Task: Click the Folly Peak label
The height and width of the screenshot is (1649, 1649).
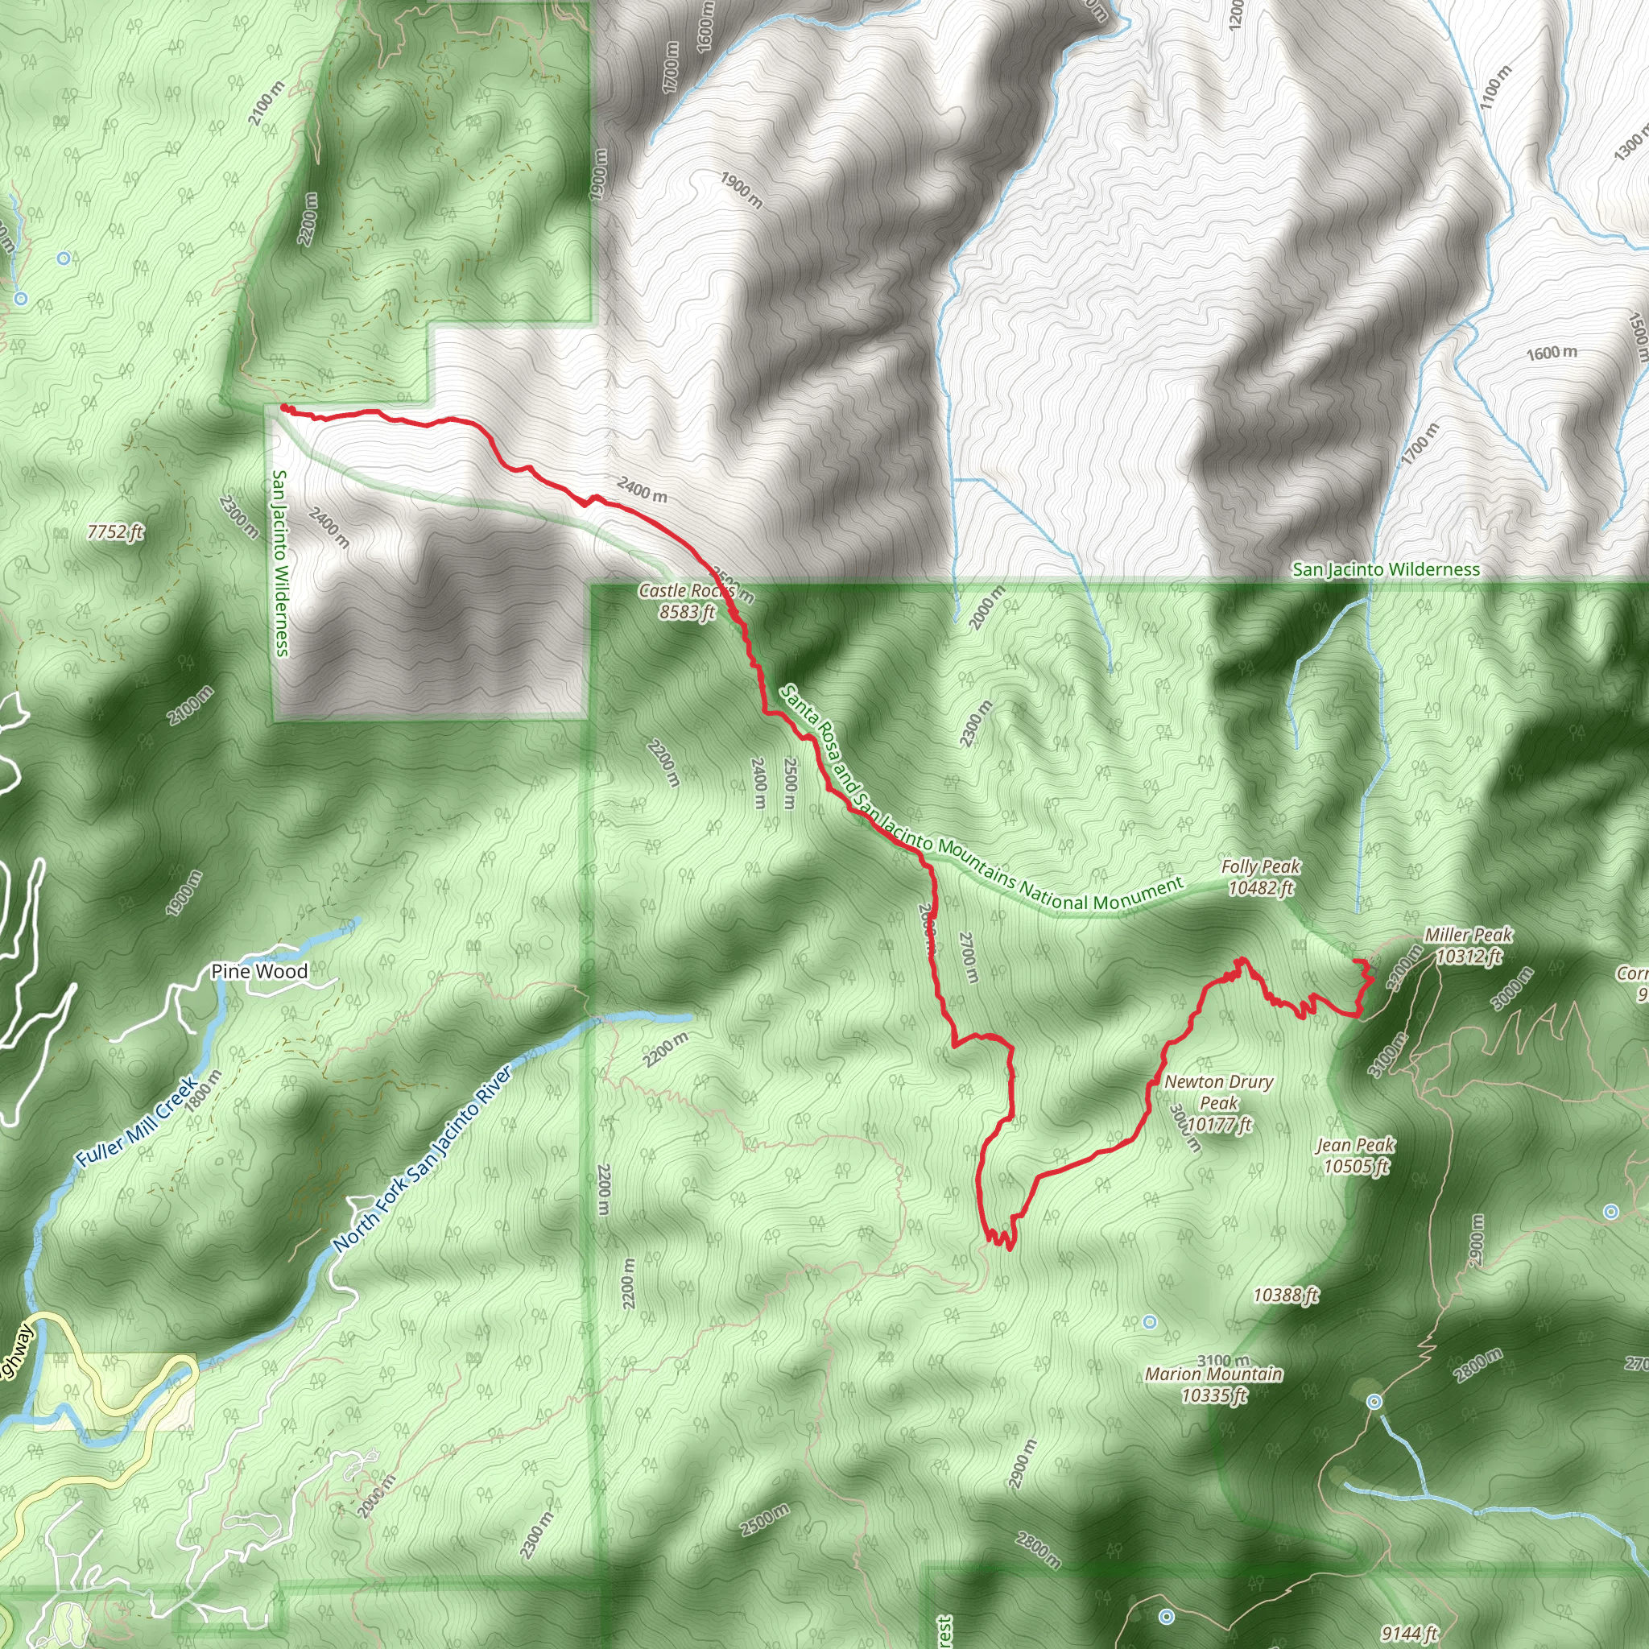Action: (1261, 878)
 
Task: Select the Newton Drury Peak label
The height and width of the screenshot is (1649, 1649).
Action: (1219, 1103)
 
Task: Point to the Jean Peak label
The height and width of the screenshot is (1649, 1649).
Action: (1355, 1155)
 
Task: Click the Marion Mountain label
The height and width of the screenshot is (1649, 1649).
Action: (1213, 1384)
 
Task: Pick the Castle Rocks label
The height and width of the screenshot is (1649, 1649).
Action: (687, 601)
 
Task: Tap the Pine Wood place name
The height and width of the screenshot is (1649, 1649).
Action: (258, 971)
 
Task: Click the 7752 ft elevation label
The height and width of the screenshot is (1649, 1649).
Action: (115, 532)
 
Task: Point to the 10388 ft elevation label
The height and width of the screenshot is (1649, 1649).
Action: (1285, 1296)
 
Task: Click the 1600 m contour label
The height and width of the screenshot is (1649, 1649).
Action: (1552, 353)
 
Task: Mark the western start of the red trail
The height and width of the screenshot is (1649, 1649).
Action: (283, 409)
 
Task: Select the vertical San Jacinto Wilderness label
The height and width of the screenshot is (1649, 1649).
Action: (280, 564)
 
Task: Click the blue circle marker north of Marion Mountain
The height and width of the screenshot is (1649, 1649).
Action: (1150, 1322)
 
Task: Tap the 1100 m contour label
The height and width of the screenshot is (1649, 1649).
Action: (1496, 86)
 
